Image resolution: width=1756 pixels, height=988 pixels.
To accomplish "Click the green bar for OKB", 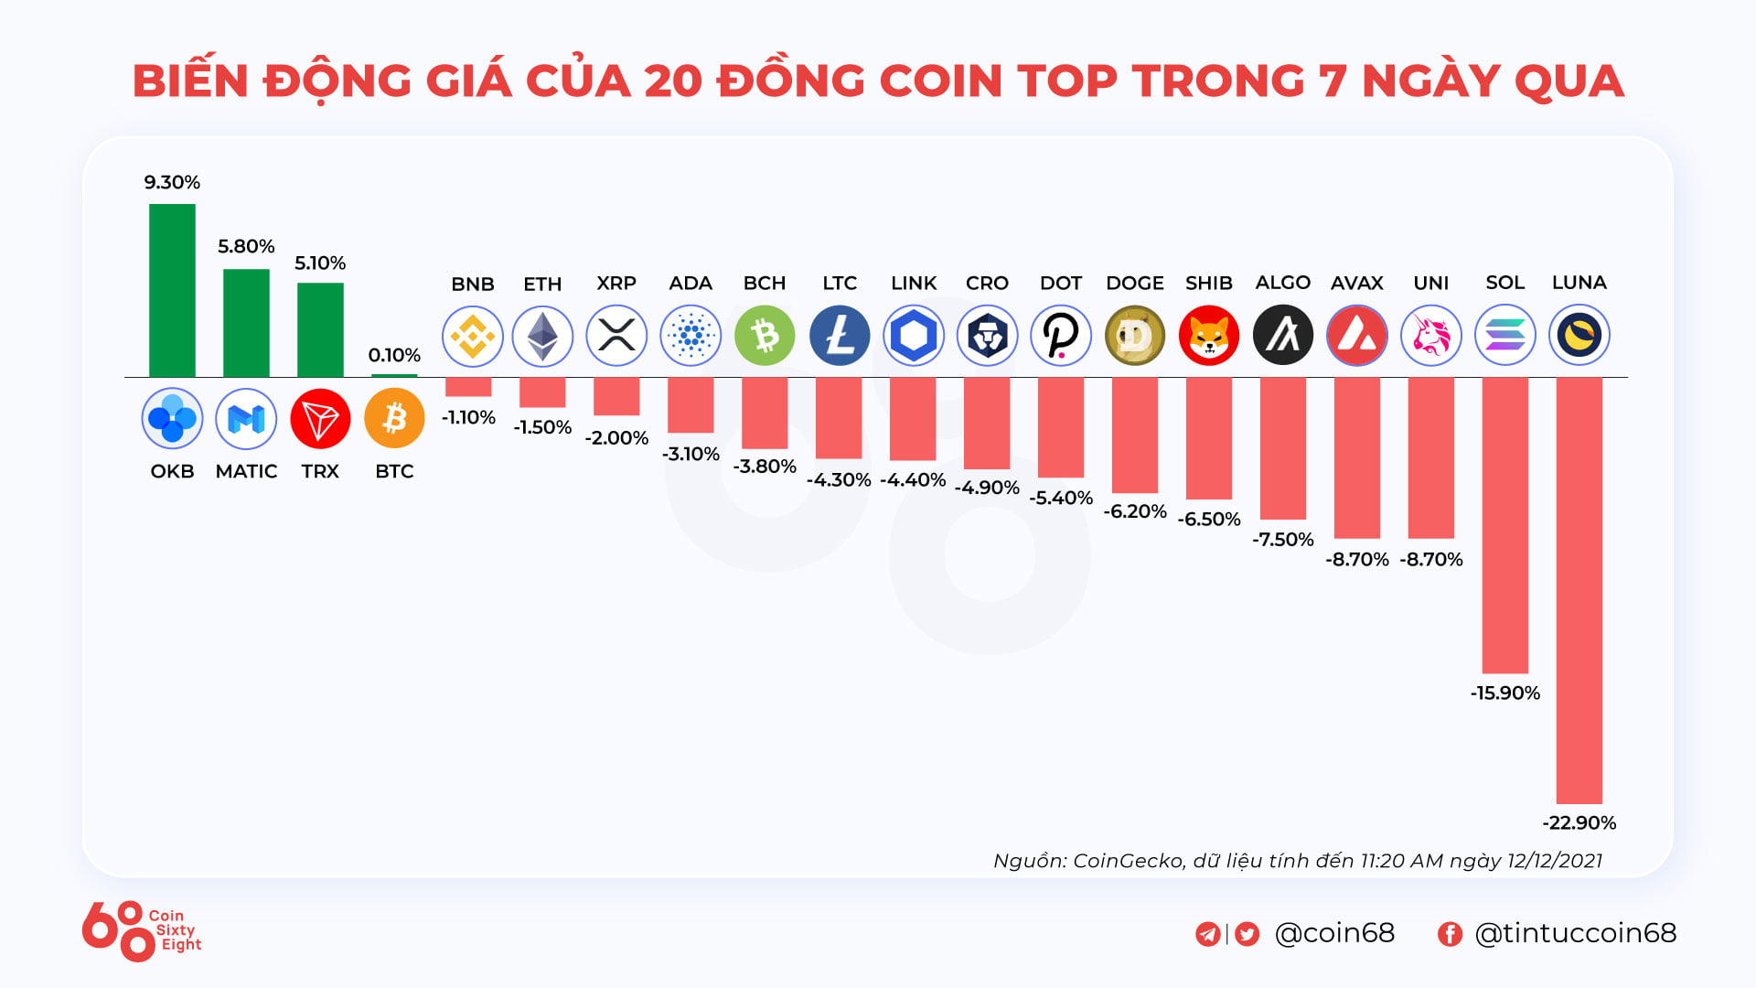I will tap(172, 290).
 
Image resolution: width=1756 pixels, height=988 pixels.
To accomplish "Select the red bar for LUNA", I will tap(1579, 590).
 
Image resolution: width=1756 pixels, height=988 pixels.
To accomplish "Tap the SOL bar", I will tap(1504, 525).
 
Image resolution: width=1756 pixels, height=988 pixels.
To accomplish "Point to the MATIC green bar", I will tap(246, 323).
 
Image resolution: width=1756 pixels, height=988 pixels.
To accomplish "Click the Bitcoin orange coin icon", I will tap(394, 419).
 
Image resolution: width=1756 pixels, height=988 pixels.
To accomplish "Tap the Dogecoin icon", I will tap(1134, 336).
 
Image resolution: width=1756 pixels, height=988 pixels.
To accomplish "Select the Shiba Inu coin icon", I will tap(1208, 336).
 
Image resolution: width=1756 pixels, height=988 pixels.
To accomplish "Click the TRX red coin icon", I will tap(320, 419).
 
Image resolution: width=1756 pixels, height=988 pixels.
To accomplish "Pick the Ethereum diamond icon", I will tap(542, 336).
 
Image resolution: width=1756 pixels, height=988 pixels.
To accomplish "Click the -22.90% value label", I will tap(1579, 822).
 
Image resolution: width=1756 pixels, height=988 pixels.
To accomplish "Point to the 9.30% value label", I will tap(172, 182).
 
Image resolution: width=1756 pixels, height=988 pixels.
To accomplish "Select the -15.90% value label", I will tap(1504, 693).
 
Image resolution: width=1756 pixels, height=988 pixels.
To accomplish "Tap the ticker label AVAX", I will tap(1356, 283).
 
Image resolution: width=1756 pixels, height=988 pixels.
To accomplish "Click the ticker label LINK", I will tap(913, 283).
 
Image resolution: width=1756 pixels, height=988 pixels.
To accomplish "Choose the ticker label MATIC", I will tap(246, 471).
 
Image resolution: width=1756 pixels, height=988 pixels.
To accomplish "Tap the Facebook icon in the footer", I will tap(1450, 934).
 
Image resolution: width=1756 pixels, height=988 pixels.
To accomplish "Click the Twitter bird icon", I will tap(1247, 934).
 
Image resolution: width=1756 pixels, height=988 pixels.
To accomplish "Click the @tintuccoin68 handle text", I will tap(1575, 933).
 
